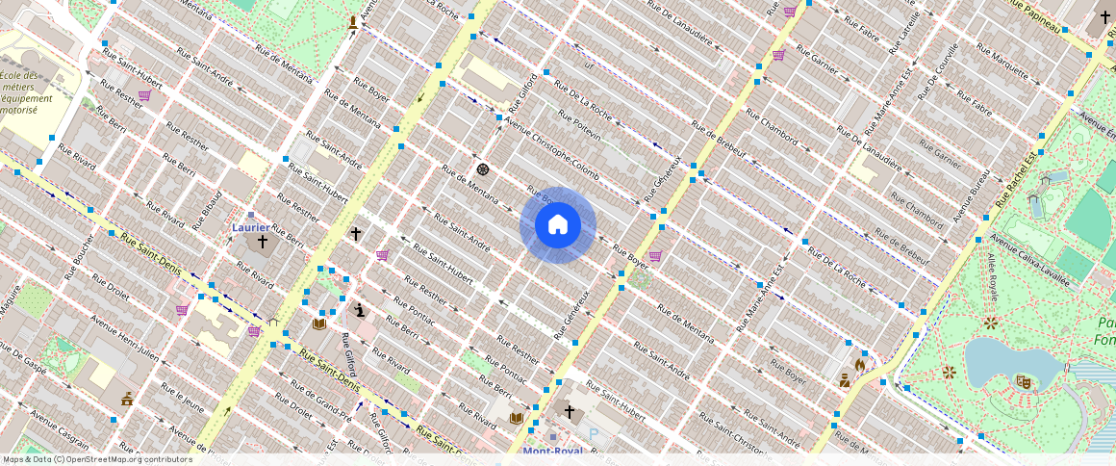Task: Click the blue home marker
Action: (558, 225)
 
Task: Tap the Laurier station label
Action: (251, 228)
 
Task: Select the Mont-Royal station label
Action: (552, 451)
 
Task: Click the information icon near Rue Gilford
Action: (359, 310)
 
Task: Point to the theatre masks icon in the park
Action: (1024, 382)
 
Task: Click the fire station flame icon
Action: (859, 365)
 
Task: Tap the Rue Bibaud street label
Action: (209, 209)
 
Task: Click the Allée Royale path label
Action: (991, 278)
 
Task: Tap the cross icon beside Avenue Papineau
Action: (1104, 16)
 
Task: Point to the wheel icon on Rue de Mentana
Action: (483, 169)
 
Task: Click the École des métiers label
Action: (19, 92)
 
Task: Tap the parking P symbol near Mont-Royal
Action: (594, 434)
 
